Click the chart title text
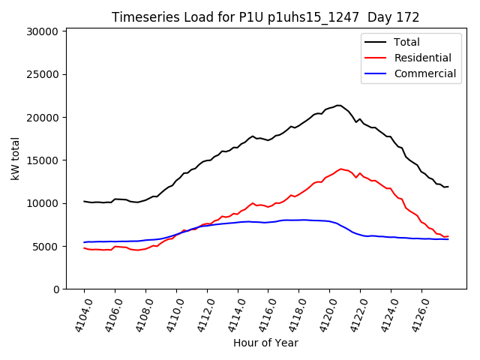tap(265, 17)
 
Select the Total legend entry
tap(407, 42)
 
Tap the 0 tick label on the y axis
tap(55, 289)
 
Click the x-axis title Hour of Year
tap(265, 343)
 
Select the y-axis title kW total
tap(16, 158)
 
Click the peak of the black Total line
tap(338, 105)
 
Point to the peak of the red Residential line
tap(341, 169)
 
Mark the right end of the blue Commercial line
tap(448, 239)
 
